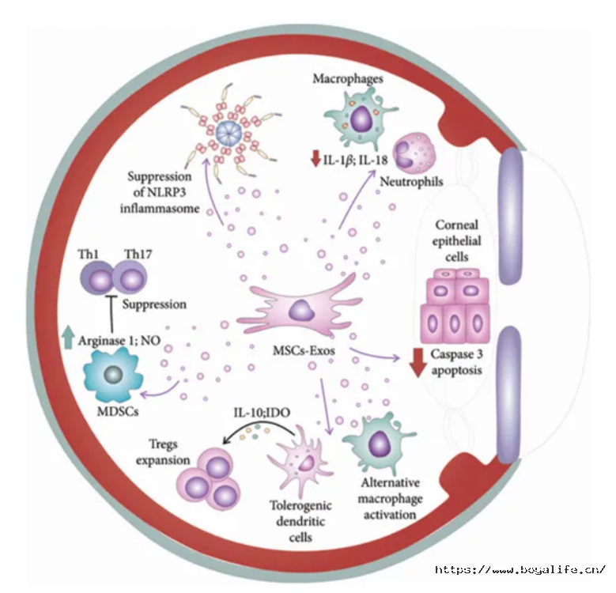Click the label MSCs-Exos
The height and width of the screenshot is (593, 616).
coord(304,350)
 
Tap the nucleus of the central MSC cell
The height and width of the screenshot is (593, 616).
coord(301,310)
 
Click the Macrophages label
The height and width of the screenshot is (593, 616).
coord(348,78)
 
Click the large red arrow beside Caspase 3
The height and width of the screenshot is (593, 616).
coord(418,362)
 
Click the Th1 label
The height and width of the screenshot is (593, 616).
coord(89,254)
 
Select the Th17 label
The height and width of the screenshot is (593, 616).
coord(138,254)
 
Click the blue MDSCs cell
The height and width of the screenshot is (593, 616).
coord(113,375)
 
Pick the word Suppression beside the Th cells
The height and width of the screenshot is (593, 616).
coord(154,304)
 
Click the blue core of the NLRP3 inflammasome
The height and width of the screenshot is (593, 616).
coord(229,134)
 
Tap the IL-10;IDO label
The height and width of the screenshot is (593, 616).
coord(262,413)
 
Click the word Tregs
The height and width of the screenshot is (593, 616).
coord(163,444)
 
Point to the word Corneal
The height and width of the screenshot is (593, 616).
coord(456,225)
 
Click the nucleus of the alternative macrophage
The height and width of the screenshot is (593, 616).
coord(379,444)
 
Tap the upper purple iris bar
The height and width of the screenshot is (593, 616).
coord(510,216)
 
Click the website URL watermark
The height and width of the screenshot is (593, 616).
coord(520,569)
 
